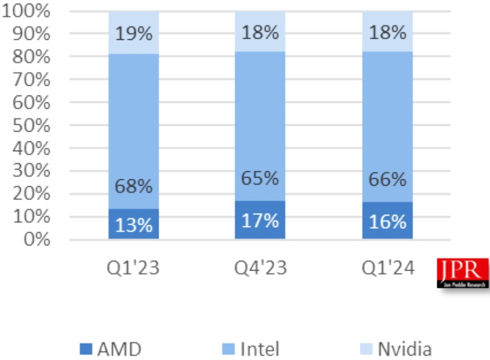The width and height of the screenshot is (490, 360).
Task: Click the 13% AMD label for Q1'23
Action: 134,225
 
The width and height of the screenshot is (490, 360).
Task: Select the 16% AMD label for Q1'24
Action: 387,221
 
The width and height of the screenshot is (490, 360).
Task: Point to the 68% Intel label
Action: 134,186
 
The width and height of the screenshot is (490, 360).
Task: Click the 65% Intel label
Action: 260,179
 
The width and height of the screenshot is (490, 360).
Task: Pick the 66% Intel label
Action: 387,180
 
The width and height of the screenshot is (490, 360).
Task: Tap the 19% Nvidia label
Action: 134,33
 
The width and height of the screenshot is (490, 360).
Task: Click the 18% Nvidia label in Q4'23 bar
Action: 260,31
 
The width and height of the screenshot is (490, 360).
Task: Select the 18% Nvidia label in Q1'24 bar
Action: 387,31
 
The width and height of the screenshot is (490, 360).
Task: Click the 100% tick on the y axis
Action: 28,12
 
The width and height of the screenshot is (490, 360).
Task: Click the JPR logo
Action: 463,273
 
